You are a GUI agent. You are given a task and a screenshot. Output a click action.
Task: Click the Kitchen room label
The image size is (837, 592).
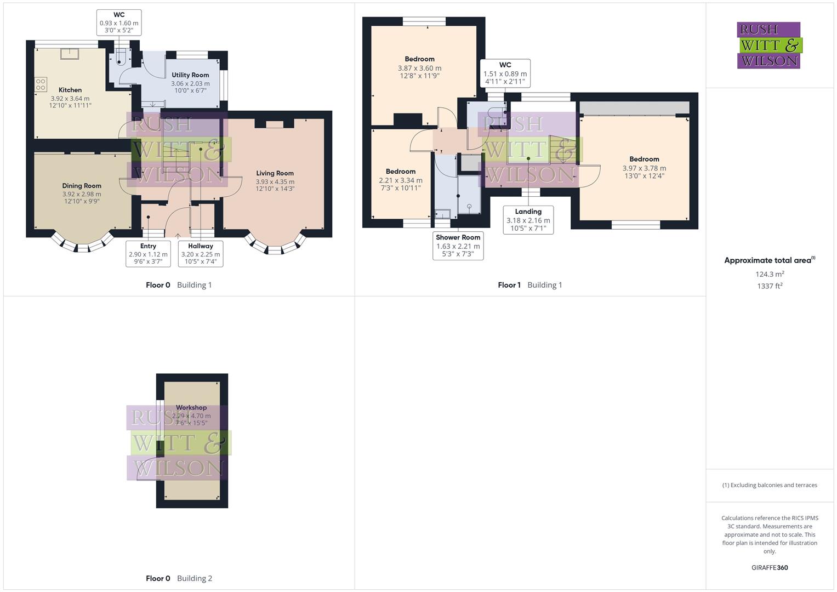coord(70,90)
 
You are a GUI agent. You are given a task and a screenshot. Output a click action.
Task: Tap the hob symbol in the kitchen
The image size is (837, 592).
coord(41,84)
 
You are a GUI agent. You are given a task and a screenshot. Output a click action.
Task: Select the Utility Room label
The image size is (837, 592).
coord(190,75)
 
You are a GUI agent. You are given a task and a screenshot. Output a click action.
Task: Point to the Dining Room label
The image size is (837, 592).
coord(82,186)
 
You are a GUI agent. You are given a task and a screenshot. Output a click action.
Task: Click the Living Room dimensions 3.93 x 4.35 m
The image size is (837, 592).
coord(275,181)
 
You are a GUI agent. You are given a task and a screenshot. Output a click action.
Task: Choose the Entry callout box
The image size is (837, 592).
coord(148,254)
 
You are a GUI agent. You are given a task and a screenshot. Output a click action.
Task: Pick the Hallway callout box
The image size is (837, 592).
coord(201,254)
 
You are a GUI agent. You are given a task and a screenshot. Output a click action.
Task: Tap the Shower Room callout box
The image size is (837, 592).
coord(458,246)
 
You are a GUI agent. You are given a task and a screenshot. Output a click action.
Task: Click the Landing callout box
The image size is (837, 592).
coord(528,220)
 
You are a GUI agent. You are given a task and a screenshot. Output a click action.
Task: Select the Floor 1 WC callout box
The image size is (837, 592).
coord(505,73)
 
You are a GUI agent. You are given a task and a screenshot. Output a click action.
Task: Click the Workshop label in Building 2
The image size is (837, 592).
coord(191,408)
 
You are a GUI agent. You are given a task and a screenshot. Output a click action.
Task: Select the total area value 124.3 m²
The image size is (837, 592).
coord(770,274)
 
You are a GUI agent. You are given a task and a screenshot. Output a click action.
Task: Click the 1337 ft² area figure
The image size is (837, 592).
coord(770,286)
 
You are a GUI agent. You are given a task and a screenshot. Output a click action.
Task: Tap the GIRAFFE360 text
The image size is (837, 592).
coord(770,568)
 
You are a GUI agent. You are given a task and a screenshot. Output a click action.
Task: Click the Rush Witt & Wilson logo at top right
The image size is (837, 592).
coord(769,45)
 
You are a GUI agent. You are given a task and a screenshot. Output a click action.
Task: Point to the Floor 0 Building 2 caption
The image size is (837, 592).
coord(179,578)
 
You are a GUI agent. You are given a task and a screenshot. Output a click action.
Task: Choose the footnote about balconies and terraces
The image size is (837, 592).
coord(770,485)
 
